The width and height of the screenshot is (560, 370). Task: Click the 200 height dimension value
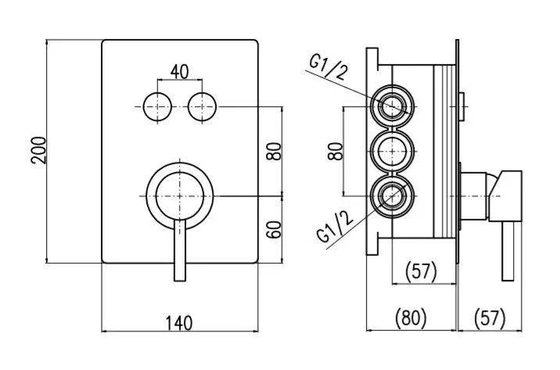click(x=38, y=150)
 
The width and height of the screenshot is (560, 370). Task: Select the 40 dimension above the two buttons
click(x=179, y=72)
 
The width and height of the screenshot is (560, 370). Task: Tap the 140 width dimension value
click(x=179, y=323)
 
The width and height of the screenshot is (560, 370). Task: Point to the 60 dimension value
click(x=275, y=230)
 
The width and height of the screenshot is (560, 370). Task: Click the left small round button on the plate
click(x=157, y=107)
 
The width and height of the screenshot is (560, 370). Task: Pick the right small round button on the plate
click(x=202, y=107)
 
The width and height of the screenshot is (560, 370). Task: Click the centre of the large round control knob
click(x=180, y=196)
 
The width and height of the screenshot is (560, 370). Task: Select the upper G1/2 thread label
click(x=328, y=68)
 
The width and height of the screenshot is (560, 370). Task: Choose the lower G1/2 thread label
click(x=335, y=226)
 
